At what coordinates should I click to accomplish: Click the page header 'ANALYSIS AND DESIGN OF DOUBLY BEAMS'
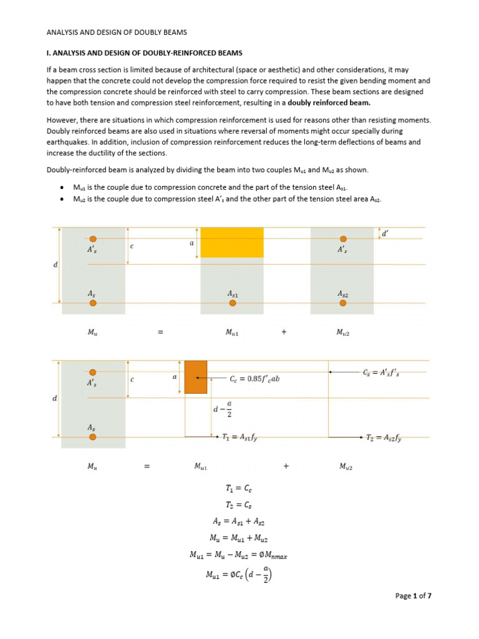coord(117,32)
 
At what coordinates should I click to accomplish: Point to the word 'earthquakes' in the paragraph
coord(68,142)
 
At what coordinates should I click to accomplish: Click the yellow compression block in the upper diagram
coord(231,243)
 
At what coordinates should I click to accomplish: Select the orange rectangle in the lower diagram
coord(195,377)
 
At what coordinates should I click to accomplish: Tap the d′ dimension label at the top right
coord(385,233)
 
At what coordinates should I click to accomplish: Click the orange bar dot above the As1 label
coord(233,303)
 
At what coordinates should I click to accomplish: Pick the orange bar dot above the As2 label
coord(342,303)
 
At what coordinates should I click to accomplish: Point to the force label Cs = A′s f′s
coord(382,373)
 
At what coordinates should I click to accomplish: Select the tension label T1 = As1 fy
coord(239,438)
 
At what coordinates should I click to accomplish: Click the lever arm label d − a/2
coord(222,409)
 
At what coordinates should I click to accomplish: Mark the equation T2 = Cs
coord(239,505)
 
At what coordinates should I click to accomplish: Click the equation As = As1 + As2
coord(239,521)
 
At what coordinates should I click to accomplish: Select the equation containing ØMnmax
coord(239,554)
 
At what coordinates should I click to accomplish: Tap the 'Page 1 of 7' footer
coord(414,596)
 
